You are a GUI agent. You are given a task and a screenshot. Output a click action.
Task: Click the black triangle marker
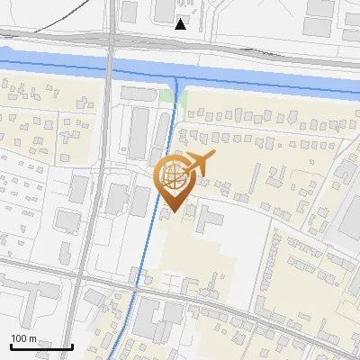click(x=181, y=24)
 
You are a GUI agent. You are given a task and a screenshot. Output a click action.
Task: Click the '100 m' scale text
click(x=24, y=338)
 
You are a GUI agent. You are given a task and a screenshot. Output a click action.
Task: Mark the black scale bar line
click(x=41, y=346)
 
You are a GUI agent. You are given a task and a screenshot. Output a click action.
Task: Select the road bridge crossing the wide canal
click(x=110, y=65)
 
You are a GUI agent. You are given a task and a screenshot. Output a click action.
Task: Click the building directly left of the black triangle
click(x=164, y=11)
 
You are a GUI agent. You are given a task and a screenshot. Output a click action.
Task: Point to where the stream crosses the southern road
click(x=135, y=289)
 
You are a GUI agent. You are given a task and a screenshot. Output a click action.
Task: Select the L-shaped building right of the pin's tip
click(x=210, y=219)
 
